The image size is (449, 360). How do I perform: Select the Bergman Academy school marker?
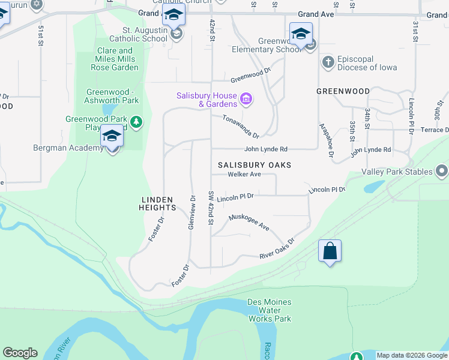click(x=112, y=137)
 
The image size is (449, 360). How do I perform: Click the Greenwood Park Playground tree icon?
click(x=137, y=123)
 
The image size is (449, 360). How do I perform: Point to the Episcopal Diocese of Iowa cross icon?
click(x=328, y=62)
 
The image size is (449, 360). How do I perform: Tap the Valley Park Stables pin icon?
click(x=442, y=172)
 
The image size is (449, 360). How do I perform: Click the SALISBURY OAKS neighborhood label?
click(x=254, y=165)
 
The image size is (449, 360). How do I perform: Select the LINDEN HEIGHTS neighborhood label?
click(x=158, y=203)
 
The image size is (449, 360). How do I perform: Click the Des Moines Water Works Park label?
click(x=270, y=310)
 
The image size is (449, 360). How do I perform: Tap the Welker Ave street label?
click(x=244, y=175)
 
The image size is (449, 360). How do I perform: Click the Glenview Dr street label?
click(x=192, y=211)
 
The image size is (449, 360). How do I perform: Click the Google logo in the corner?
click(x=20, y=353)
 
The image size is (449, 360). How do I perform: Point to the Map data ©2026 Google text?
click(x=411, y=355)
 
